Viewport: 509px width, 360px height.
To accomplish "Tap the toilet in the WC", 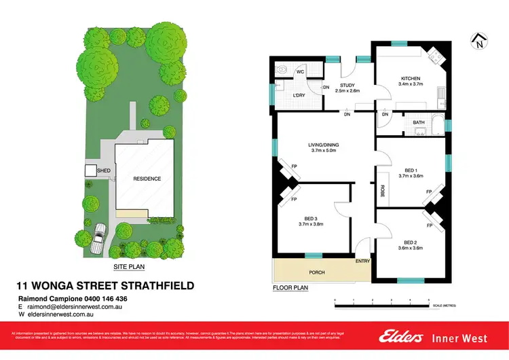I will click(282, 69).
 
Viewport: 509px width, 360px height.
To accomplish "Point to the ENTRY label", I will click(362, 261).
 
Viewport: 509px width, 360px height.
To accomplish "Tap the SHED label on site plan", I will click(104, 171).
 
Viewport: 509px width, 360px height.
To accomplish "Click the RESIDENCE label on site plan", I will click(147, 179).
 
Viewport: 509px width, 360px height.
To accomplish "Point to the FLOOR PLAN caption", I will click(290, 288).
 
